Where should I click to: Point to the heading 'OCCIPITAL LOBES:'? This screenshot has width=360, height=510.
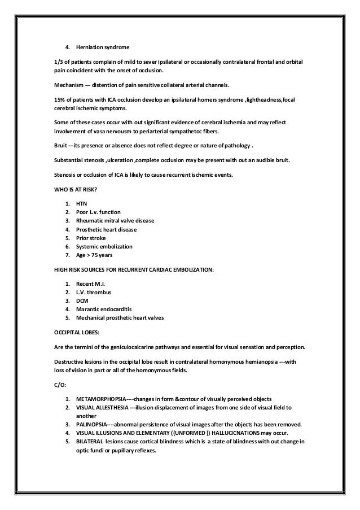pos(72,331)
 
